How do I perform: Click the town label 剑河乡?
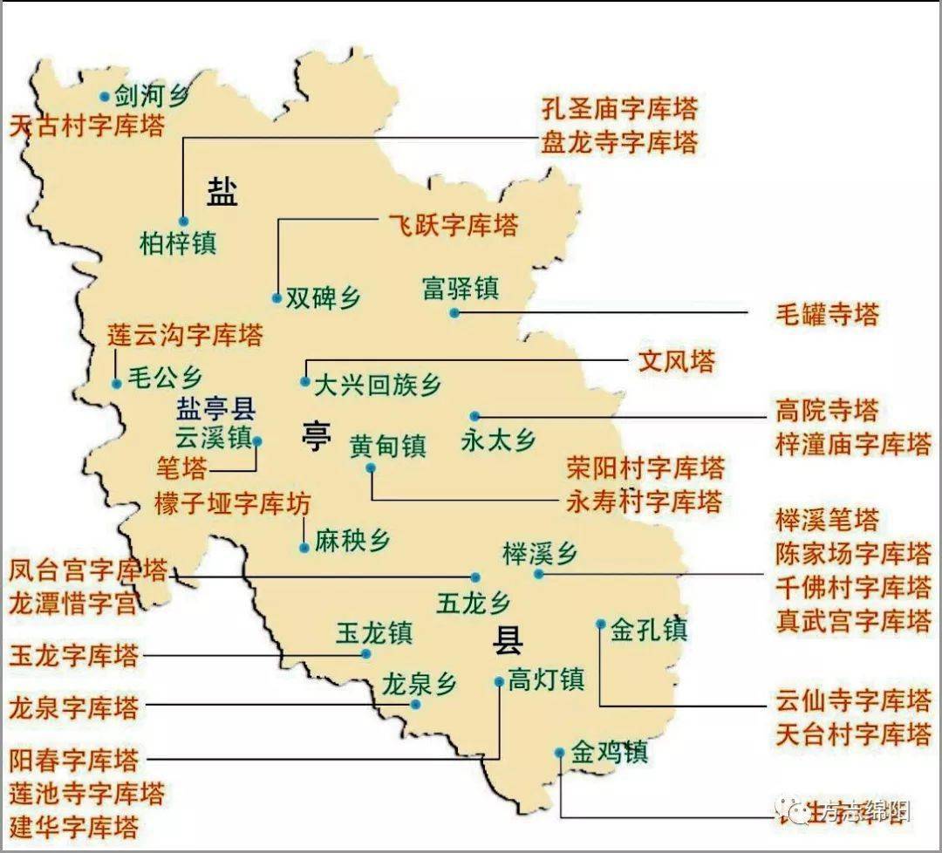(x=151, y=96)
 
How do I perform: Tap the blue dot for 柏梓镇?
(x=183, y=222)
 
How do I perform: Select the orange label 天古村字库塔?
(x=87, y=126)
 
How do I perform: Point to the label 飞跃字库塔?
(x=453, y=225)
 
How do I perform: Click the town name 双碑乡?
(x=324, y=298)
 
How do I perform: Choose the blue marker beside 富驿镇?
(x=454, y=312)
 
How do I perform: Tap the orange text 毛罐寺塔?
(x=827, y=314)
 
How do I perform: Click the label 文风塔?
(x=676, y=361)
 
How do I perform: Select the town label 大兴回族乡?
(x=378, y=384)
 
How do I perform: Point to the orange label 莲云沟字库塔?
(x=185, y=335)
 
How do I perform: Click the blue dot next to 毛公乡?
(x=116, y=384)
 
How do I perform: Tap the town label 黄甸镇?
(x=388, y=447)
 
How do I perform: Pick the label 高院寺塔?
(x=827, y=410)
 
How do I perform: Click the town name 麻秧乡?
(x=352, y=541)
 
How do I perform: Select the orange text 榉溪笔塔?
(x=827, y=521)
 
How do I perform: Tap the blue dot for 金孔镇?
(x=601, y=624)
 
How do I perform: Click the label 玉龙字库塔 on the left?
(x=74, y=655)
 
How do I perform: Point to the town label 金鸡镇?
(x=610, y=753)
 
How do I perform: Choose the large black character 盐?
(x=222, y=189)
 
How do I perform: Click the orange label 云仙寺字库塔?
(x=853, y=700)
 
